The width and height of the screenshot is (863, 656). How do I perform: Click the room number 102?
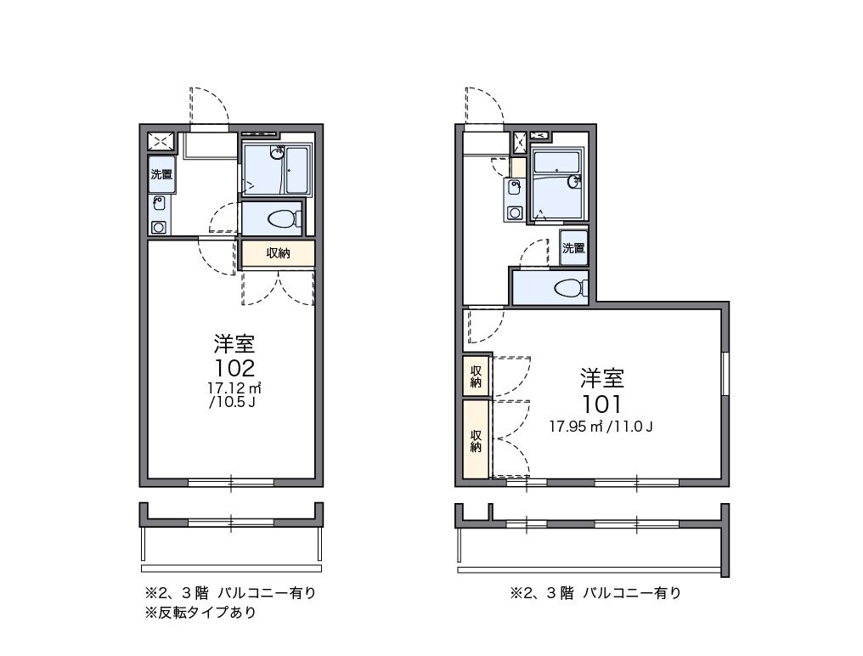click(234, 368)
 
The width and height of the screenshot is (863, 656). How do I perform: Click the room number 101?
click(601, 403)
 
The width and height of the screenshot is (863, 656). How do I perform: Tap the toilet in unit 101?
click(571, 288)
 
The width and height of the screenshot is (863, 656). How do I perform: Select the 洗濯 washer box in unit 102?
click(161, 175)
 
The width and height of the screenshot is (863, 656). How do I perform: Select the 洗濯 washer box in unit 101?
click(573, 248)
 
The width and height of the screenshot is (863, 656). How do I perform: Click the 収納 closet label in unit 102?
click(278, 252)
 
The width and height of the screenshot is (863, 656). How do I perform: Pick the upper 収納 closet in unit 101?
click(477, 376)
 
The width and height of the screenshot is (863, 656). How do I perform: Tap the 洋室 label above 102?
click(234, 344)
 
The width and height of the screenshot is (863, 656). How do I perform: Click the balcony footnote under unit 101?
click(595, 593)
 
